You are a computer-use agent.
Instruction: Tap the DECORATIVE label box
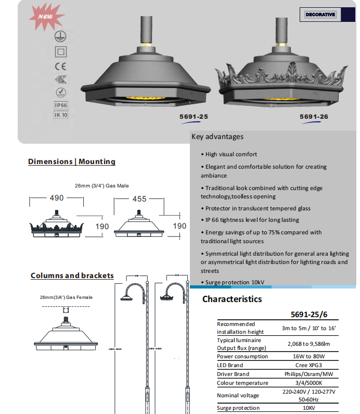(x=320, y=15)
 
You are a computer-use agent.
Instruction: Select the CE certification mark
(x=61, y=66)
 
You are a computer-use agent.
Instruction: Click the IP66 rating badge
(x=61, y=105)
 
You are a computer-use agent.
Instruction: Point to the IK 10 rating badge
(x=61, y=115)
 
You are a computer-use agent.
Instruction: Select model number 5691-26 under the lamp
(x=314, y=117)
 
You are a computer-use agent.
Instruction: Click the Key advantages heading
(x=217, y=137)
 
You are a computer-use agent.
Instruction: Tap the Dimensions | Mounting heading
(x=72, y=161)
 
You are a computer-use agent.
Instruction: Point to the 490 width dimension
(x=56, y=198)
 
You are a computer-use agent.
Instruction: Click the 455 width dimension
(x=139, y=199)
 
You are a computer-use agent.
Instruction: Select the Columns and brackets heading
(x=72, y=275)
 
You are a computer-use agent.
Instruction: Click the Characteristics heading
(x=232, y=299)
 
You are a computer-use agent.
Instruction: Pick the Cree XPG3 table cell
(x=308, y=365)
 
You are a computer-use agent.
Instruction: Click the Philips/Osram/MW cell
(x=308, y=374)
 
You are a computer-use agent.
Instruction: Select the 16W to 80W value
(x=308, y=356)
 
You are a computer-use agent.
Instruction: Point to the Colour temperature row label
(x=242, y=383)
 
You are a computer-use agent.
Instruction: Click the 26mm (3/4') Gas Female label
(x=66, y=297)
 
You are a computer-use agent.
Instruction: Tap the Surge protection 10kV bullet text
(x=235, y=282)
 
